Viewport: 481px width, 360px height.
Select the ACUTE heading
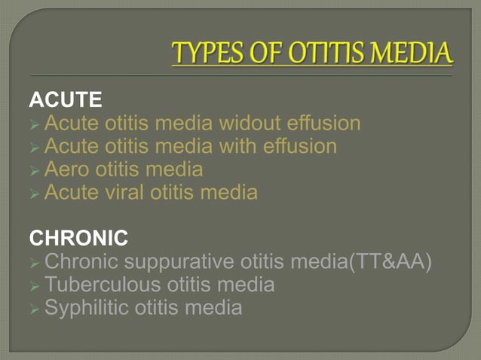pos(66,99)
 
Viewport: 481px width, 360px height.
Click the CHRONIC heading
pos(78,239)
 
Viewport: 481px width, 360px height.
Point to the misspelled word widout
pos(243,123)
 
